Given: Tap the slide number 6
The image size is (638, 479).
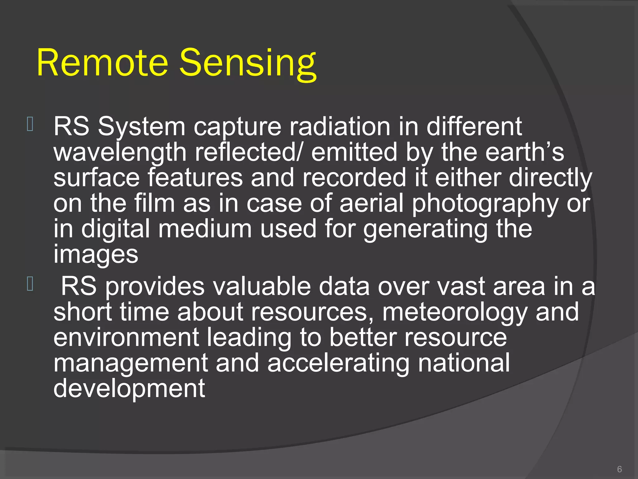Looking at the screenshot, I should pyautogui.click(x=619, y=469).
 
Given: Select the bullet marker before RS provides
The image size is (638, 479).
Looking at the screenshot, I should pyautogui.click(x=30, y=284).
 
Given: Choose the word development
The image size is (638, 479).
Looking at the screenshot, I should pyautogui.click(x=129, y=389).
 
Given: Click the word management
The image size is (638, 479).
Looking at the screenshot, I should pyautogui.click(x=131, y=363).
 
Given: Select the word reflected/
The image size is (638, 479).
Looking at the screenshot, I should pyautogui.click(x=248, y=152).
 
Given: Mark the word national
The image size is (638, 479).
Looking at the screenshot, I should pyautogui.click(x=464, y=363).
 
